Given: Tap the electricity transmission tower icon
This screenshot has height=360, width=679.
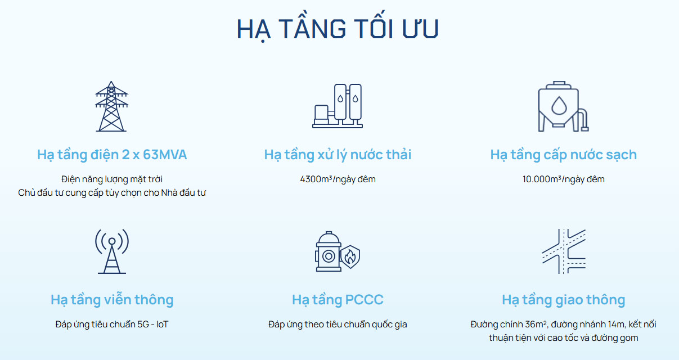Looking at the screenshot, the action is click(111, 106).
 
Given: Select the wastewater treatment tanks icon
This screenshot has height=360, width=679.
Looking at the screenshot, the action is click(338, 106).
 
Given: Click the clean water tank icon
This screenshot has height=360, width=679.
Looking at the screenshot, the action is click(563, 106).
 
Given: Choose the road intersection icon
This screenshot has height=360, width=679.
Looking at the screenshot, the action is click(564, 251).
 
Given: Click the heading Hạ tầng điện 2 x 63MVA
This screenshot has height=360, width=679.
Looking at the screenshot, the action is click(112, 155).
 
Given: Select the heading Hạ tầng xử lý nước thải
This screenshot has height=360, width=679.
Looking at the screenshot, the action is click(338, 155).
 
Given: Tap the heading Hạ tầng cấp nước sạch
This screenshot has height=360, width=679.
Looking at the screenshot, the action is click(564, 155).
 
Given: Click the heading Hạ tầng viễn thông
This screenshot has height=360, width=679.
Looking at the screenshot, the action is click(112, 300).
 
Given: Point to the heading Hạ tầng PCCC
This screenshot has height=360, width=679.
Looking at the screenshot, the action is click(338, 300).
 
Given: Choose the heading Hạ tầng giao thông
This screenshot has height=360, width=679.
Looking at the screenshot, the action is click(564, 300).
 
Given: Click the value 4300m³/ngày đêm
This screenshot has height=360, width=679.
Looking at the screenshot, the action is click(338, 179).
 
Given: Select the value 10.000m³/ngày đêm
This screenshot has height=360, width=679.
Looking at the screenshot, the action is click(564, 179).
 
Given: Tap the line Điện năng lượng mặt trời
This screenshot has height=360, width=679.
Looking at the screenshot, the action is click(112, 179).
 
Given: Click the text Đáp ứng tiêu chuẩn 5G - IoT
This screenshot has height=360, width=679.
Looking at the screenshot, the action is click(112, 324).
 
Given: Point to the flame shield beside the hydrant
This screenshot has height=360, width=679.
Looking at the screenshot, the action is click(350, 256).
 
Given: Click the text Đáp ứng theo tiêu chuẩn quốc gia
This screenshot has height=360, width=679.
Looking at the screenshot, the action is click(338, 324).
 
